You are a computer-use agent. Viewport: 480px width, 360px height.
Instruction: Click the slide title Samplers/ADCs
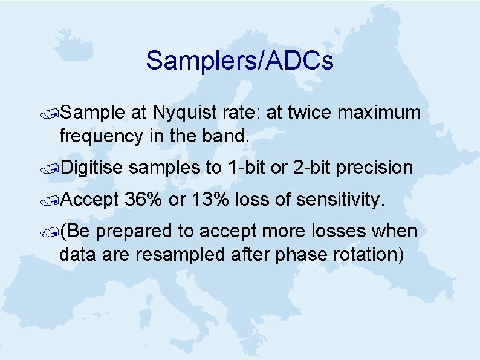[x=239, y=61]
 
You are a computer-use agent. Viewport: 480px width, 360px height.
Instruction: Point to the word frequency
[x=102, y=136]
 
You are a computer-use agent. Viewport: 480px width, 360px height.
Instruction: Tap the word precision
[x=374, y=168]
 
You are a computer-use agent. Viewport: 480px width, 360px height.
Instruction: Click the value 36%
[x=144, y=200]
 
